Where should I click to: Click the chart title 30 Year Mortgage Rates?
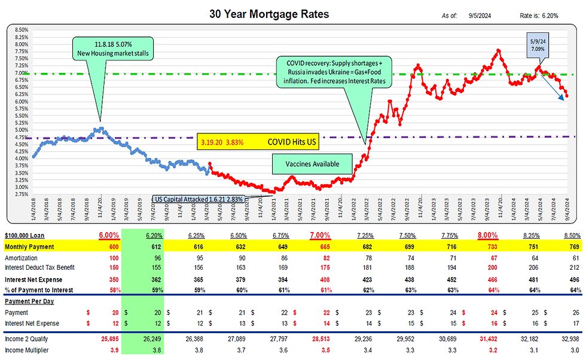(x=268, y=13)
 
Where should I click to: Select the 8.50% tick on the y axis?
(x=20, y=29)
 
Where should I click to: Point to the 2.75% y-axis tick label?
(x=20, y=194)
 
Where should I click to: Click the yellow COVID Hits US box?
(x=258, y=144)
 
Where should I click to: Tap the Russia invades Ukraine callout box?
(x=332, y=71)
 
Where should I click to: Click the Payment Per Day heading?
(x=30, y=301)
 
